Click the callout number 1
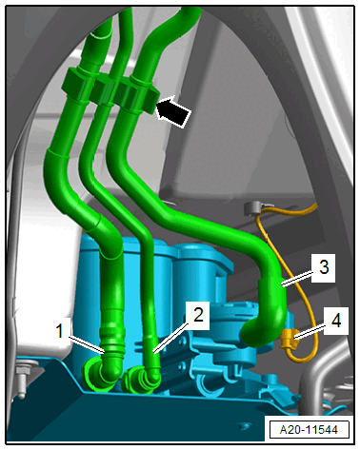pyautogui.click(x=59, y=331)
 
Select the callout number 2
pyautogui.click(x=198, y=316)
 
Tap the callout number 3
pyautogui.click(x=324, y=267)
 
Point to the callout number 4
pyautogui.click(x=336, y=321)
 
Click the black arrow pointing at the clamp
pyautogui.click(x=174, y=111)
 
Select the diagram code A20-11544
pyautogui.click(x=309, y=429)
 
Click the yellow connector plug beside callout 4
pyautogui.click(x=289, y=340)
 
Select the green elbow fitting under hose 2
pyautogui.click(x=141, y=378)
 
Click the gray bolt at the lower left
pyautogui.click(x=22, y=380)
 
